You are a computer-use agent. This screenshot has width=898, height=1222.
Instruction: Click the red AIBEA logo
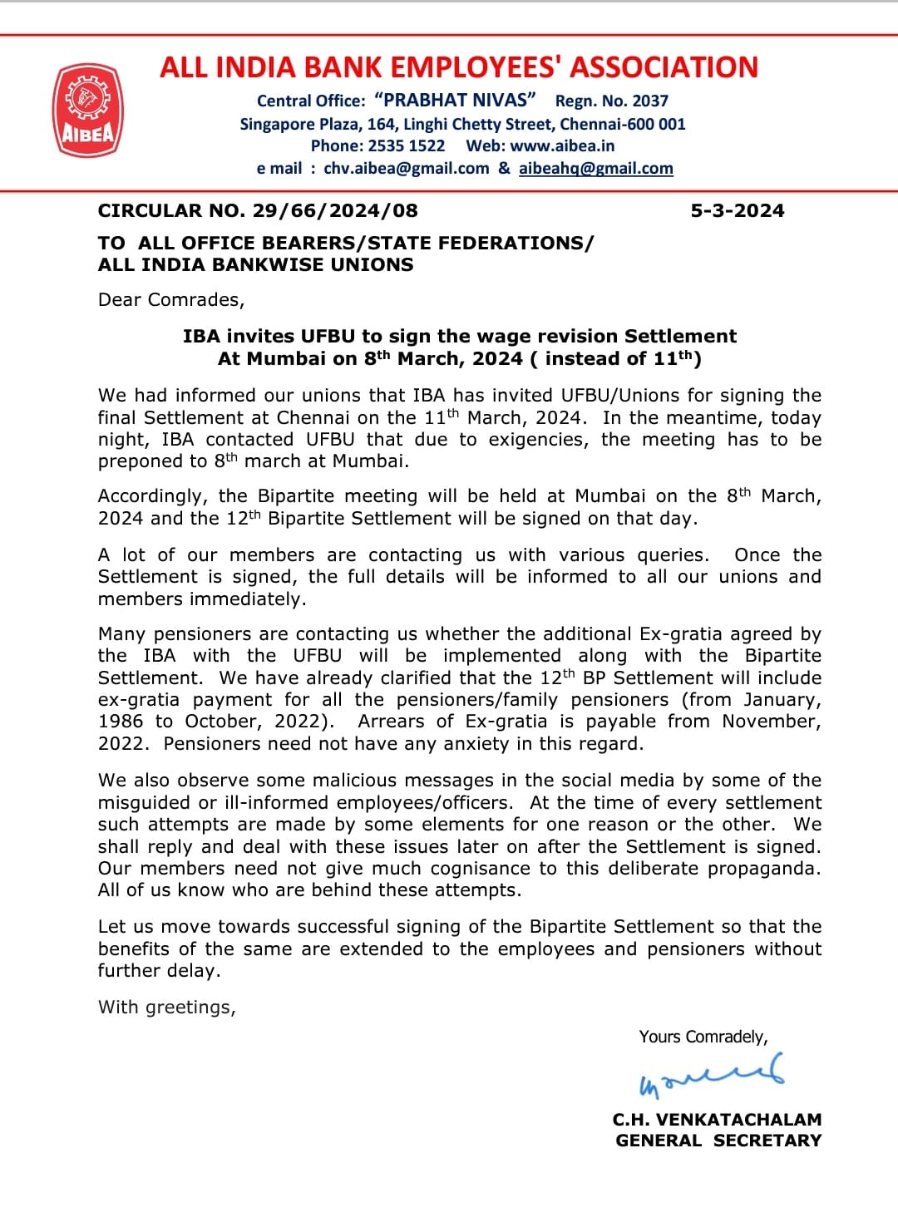[x=88, y=110]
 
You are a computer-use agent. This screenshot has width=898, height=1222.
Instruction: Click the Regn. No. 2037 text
[x=611, y=101]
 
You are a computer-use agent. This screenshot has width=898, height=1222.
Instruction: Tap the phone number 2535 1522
[x=406, y=146]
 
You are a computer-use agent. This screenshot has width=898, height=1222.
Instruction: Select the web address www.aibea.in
[x=562, y=146]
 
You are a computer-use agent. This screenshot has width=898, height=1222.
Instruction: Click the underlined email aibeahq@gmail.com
[x=595, y=169]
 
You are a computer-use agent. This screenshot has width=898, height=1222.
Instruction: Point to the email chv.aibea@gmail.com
[x=406, y=169]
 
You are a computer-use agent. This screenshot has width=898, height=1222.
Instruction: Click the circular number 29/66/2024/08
[x=335, y=211]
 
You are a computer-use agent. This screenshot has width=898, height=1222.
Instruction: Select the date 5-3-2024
[x=737, y=211]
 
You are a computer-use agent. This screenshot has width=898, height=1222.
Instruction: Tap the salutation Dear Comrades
[x=170, y=300]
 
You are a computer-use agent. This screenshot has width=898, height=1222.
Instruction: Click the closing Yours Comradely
[x=703, y=1037]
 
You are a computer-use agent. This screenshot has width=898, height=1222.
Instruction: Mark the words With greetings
[x=166, y=1008]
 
